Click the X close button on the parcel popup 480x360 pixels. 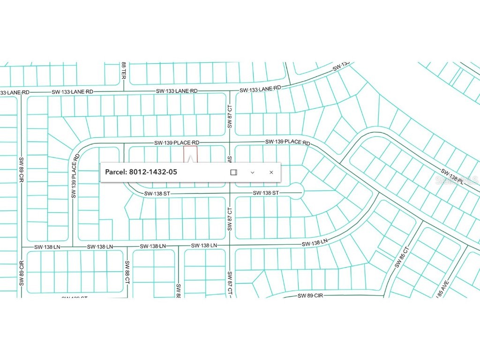click(271, 172)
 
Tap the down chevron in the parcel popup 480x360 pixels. click(252, 172)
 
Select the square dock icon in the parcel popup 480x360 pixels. click(233, 172)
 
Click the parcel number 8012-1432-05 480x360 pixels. click(152, 172)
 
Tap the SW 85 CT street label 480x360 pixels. click(399, 257)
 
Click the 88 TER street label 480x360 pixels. click(123, 70)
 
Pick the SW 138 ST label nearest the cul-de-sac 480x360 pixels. click(266, 193)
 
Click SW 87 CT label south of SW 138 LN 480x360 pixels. click(230, 284)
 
